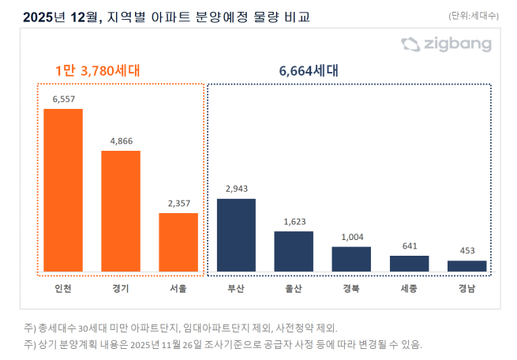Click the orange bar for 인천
[63, 190]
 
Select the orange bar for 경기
[121, 211]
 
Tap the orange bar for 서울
[178, 242]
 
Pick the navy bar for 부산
[236, 234]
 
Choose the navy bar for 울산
[294, 251]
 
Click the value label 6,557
[63, 99]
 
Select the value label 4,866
[121, 141]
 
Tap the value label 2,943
[236, 189]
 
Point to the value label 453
[466, 251]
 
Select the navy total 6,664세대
[309, 71]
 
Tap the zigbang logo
[445, 45]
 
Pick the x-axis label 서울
[178, 288]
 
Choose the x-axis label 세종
[409, 288]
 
